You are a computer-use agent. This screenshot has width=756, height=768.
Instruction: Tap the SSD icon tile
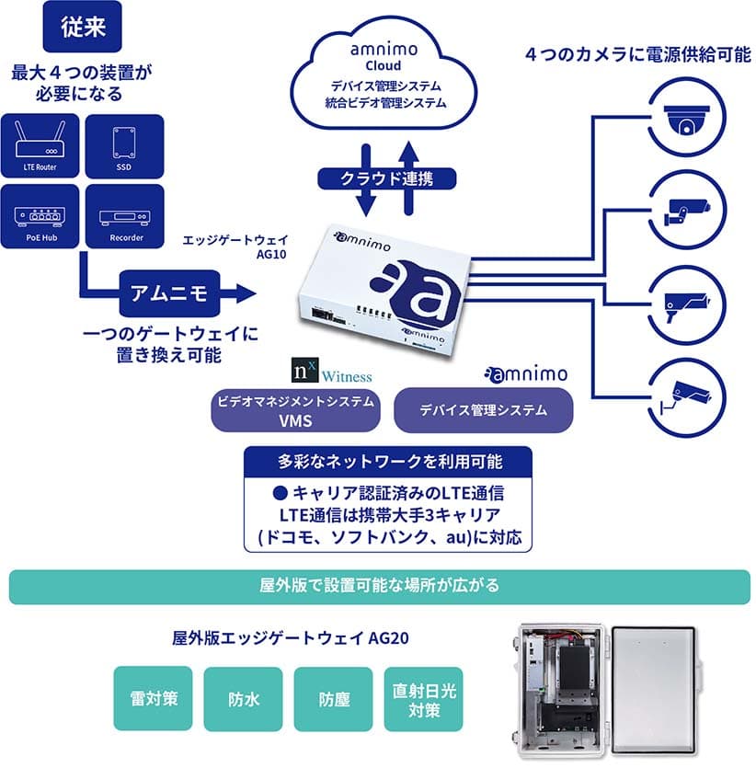tap(123, 145)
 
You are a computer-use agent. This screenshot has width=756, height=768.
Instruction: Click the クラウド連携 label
tap(385, 178)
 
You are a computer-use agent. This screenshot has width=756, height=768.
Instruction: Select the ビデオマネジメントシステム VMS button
tap(295, 411)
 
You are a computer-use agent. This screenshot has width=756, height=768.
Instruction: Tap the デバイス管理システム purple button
tap(484, 411)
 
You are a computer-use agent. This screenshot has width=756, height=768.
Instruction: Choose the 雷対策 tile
tap(153, 698)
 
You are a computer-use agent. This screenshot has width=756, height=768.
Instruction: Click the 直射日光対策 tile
tap(422, 698)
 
